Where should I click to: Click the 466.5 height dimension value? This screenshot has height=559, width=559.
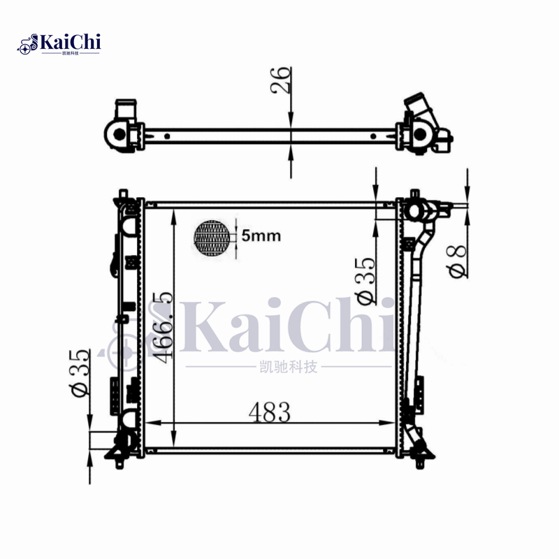(x=163, y=327)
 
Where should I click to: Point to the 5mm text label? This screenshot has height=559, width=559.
(x=261, y=236)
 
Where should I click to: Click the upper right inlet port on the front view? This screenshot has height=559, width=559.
(x=414, y=210)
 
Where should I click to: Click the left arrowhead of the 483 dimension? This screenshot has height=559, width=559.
(x=148, y=422)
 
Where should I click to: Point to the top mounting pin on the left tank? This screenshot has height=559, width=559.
(x=124, y=193)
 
